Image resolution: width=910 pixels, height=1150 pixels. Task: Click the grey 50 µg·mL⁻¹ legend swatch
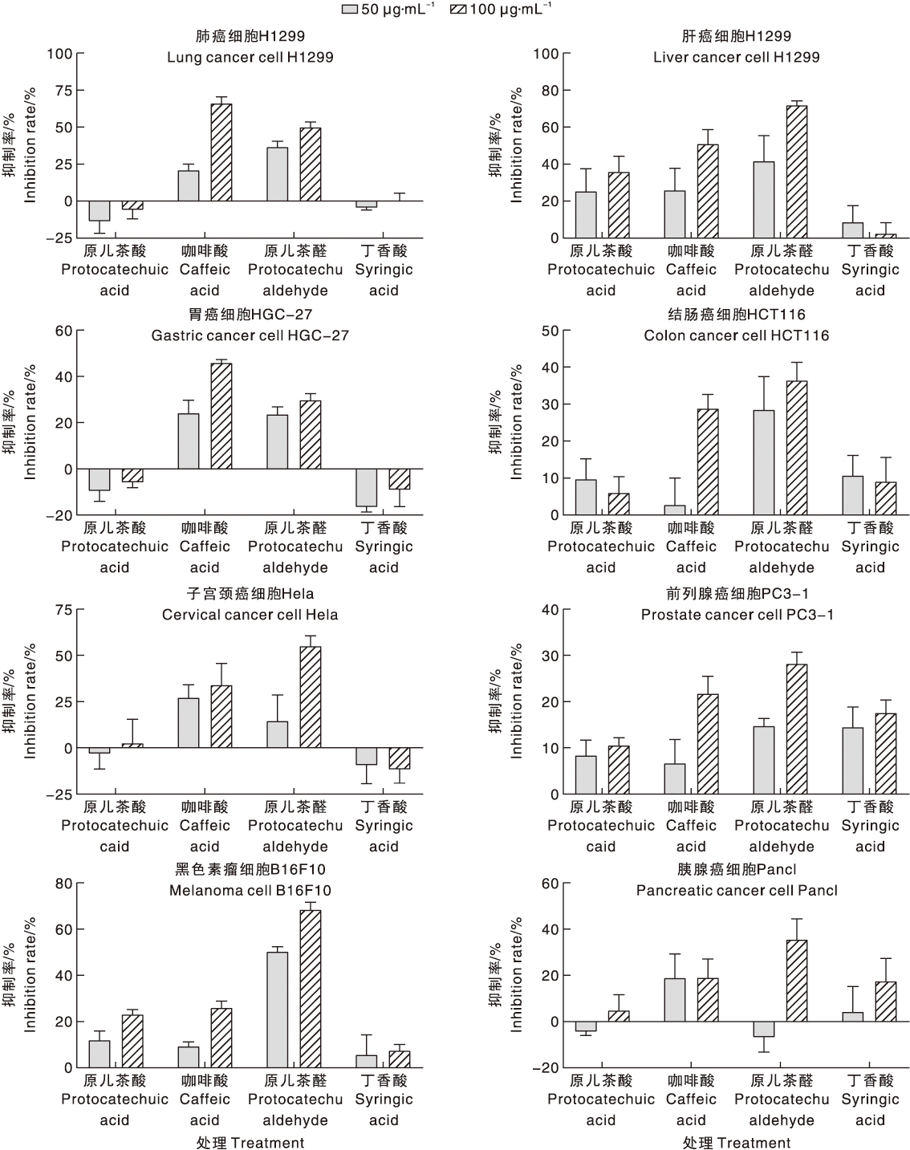(x=350, y=9)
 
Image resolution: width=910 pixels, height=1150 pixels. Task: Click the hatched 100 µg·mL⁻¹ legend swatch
(x=458, y=9)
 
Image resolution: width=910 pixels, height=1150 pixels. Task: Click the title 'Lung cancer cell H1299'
(x=250, y=57)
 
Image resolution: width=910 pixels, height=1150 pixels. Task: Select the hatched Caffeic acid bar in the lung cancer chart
(x=221, y=152)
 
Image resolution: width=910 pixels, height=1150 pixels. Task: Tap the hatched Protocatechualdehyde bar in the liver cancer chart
(x=797, y=172)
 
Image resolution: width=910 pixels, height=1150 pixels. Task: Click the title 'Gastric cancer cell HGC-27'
(x=250, y=335)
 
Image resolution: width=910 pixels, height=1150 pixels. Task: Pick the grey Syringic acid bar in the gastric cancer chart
(x=367, y=488)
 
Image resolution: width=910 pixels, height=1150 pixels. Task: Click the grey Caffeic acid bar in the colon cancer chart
(x=676, y=510)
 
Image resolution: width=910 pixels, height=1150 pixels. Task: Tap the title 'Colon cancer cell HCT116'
(x=737, y=335)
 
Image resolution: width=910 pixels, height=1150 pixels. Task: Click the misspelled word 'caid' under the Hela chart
(x=115, y=847)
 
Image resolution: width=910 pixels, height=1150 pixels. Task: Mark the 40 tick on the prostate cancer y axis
(x=550, y=609)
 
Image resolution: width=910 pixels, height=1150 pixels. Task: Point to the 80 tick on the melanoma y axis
(x=63, y=884)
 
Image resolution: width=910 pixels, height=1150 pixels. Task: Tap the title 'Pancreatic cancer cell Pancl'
(x=737, y=890)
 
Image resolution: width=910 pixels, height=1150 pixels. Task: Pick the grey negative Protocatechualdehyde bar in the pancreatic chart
(x=764, y=1029)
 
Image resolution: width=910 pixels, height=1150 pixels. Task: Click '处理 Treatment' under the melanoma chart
(x=250, y=1143)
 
